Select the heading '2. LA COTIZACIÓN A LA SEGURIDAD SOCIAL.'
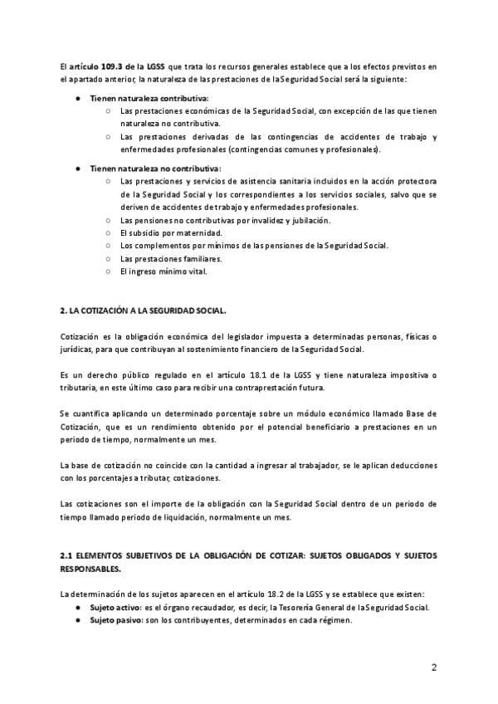tap(143, 310)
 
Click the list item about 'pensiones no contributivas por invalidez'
tap(213, 220)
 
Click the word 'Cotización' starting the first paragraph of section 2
tap(80, 335)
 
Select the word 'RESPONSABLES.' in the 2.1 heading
tap(90, 570)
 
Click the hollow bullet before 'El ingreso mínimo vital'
tap(109, 271)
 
